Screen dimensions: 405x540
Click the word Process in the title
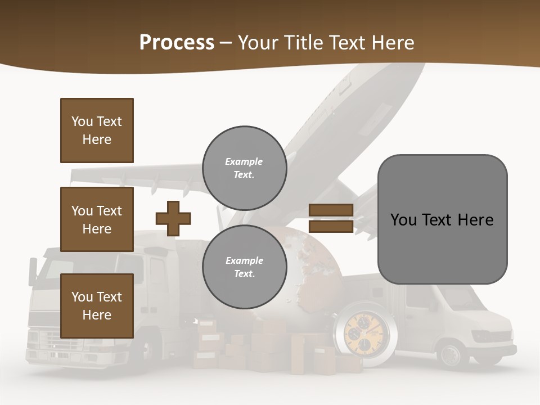click(x=177, y=43)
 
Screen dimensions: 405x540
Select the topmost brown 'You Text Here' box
click(x=97, y=130)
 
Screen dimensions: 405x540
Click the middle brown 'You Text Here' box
click(x=97, y=219)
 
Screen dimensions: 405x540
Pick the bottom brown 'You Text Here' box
click(x=97, y=305)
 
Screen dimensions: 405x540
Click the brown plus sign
click(x=173, y=218)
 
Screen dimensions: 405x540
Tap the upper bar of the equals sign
click(x=331, y=210)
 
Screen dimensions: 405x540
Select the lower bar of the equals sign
click(x=331, y=226)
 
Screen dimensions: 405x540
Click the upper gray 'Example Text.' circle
click(x=244, y=168)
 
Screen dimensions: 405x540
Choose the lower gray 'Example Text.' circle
click(x=244, y=267)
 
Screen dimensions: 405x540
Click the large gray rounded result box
click(x=442, y=219)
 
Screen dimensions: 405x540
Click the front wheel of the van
click(x=451, y=354)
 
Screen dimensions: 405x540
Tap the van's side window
click(x=419, y=298)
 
